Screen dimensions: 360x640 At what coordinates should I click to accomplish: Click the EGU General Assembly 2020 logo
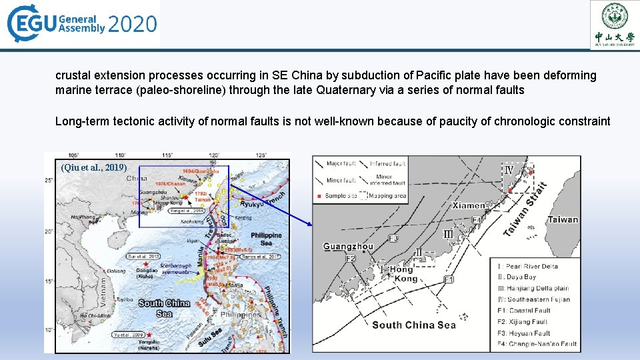pos(82,25)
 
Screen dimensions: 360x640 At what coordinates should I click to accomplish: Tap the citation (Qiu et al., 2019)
pos(93,167)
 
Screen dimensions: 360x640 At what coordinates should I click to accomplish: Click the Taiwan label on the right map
pos(563,219)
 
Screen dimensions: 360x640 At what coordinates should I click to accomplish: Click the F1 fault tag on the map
pos(449,279)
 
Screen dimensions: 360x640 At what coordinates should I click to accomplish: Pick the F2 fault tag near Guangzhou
pos(351,258)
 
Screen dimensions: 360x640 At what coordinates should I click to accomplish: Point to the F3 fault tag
pos(393,238)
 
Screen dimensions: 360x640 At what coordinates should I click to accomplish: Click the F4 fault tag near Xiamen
pos(476,219)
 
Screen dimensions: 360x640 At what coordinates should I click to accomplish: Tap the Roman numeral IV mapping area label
pos(509,170)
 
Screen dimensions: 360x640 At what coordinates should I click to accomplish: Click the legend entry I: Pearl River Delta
pos(525,267)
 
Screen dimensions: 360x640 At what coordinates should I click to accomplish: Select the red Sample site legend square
pos(321,196)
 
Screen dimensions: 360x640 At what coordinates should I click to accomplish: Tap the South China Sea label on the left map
pos(163,308)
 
